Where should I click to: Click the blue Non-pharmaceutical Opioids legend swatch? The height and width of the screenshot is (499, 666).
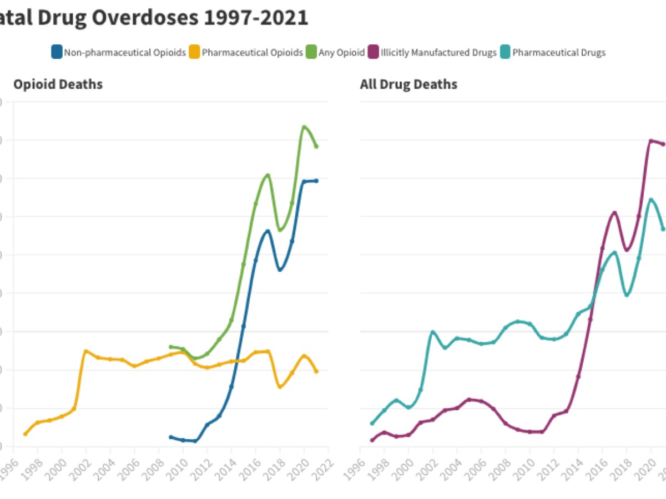click(56, 53)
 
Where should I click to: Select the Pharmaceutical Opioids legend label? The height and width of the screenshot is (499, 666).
click(252, 53)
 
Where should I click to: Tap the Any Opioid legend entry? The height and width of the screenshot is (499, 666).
click(341, 53)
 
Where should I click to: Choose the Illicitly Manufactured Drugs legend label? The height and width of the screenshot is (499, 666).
click(438, 53)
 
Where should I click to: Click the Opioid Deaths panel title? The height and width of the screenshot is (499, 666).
click(58, 84)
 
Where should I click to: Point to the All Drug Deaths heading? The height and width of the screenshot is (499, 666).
click(408, 84)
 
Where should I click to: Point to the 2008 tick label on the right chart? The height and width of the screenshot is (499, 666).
click(501, 463)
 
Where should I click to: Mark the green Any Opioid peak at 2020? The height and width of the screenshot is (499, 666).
click(304, 126)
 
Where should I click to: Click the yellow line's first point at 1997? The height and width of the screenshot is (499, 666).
click(25, 434)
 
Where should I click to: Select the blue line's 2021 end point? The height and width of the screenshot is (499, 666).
click(316, 181)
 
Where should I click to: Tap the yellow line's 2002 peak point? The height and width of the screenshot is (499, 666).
click(85, 351)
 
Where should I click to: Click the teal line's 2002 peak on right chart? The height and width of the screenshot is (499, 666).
click(433, 332)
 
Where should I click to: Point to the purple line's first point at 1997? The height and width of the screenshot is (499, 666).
click(372, 440)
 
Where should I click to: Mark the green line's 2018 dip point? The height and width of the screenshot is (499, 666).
click(280, 230)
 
